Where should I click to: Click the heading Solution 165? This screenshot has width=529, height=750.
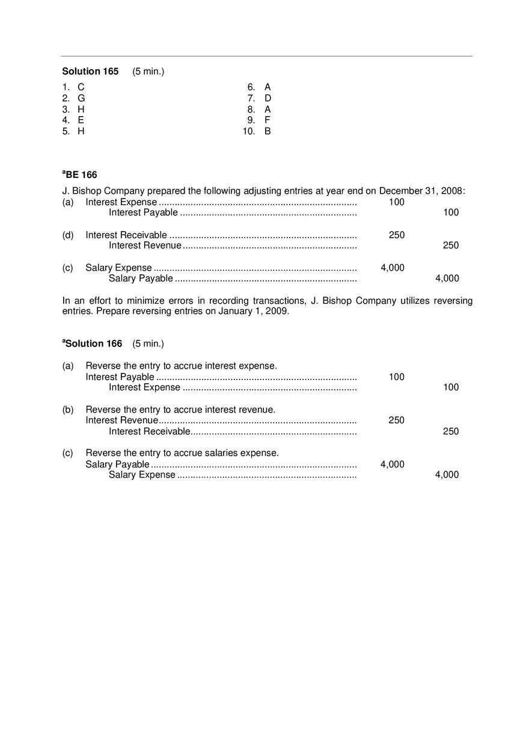click(x=90, y=72)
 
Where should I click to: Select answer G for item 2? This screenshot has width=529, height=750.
click(x=81, y=98)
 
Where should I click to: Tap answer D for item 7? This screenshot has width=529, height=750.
click(x=268, y=98)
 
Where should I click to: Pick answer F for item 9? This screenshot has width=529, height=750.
click(x=268, y=120)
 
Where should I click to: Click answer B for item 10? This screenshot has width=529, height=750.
click(x=268, y=131)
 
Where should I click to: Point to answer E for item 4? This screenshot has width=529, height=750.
click(x=81, y=120)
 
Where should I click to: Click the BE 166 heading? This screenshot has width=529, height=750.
click(x=80, y=175)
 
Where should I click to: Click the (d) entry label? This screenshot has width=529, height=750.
click(x=68, y=235)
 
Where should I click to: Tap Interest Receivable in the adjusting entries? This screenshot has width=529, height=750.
click(x=126, y=235)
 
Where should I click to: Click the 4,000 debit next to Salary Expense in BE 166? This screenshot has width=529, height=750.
click(x=392, y=268)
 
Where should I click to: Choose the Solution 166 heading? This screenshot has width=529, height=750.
click(x=93, y=344)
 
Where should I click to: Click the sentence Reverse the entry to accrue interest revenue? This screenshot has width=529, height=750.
click(x=180, y=410)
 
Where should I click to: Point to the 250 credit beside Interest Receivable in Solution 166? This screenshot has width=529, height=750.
click(x=450, y=431)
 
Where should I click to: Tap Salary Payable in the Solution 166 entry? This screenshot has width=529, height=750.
click(x=117, y=464)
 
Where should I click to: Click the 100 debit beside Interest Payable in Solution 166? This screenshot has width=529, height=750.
click(x=396, y=377)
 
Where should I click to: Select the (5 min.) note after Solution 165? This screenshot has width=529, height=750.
click(x=148, y=72)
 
